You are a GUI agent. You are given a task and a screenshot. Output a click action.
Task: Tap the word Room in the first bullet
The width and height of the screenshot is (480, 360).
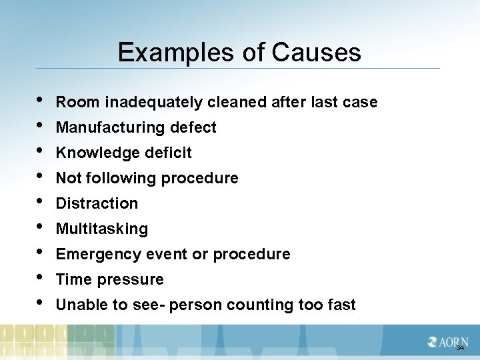click(73, 103)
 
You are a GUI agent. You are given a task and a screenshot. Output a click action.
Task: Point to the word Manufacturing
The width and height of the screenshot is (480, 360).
click(109, 128)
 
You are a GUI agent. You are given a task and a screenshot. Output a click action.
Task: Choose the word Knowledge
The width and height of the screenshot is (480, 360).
click(93, 153)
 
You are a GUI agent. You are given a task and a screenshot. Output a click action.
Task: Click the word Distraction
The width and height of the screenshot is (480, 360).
click(97, 204)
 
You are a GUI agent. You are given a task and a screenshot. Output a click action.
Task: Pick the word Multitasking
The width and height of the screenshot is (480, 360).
click(102, 229)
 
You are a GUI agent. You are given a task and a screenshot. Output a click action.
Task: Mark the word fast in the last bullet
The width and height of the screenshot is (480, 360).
click(341, 305)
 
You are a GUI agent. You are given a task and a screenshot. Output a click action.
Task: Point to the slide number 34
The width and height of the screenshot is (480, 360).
click(459, 348)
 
